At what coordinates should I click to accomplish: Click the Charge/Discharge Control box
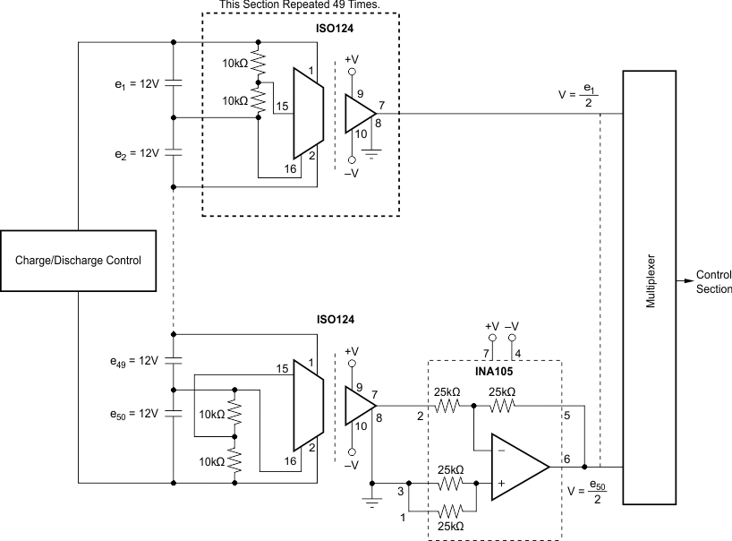(78, 261)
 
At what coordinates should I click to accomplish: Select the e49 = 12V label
(131, 361)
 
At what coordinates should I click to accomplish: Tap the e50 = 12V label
(131, 414)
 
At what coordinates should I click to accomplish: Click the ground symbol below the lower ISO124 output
(373, 501)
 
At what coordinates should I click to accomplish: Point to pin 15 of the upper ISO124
(281, 107)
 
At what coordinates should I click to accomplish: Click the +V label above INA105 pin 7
(491, 328)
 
